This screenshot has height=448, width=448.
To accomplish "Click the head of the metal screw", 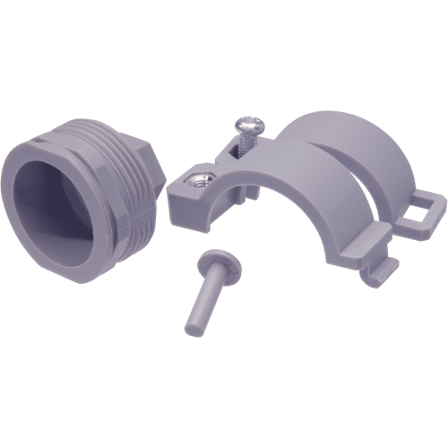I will [x=247, y=127].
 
